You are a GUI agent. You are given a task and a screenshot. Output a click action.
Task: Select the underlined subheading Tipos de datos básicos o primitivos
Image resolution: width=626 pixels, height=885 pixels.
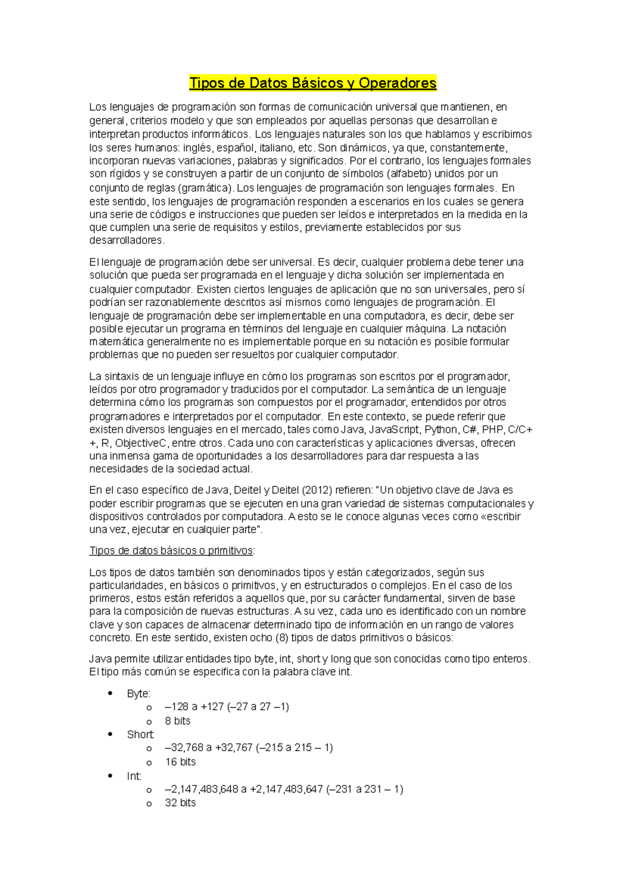click(x=172, y=551)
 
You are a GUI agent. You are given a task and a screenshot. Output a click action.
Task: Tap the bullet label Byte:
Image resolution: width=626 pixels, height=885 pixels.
click(x=139, y=693)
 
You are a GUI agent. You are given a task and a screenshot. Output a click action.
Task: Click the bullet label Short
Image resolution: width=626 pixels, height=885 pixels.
click(x=140, y=734)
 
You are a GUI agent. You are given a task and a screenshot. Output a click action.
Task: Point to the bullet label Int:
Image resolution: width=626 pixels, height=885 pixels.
click(x=134, y=776)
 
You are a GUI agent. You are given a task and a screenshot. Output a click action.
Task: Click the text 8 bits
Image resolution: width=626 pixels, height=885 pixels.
click(x=177, y=721)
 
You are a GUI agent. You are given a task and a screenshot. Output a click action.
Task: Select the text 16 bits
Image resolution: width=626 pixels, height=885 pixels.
click(x=180, y=762)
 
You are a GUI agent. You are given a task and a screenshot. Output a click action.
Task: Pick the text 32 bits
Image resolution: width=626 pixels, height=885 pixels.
click(x=180, y=803)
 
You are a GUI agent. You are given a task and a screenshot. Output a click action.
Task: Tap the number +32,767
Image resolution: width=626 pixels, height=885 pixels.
click(x=234, y=747)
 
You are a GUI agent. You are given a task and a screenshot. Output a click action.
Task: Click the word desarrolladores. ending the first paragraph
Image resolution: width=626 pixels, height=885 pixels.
click(x=127, y=241)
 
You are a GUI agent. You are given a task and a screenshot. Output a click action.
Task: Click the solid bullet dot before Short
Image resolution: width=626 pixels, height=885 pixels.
click(x=110, y=734)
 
